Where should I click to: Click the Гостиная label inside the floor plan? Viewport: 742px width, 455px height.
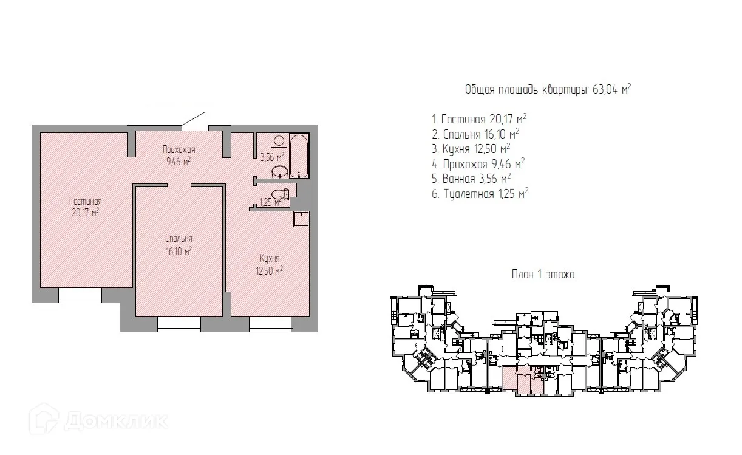(86, 201)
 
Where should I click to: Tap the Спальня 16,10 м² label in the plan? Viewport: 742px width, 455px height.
(179, 245)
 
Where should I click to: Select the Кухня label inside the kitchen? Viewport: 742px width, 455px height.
(270, 259)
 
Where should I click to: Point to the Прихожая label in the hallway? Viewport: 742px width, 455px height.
(179, 150)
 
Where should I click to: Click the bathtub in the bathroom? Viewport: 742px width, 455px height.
(299, 156)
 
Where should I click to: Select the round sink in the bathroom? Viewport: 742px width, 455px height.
(279, 172)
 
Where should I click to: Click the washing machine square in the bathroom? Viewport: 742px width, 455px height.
(279, 140)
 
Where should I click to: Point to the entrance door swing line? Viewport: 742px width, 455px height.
(194, 119)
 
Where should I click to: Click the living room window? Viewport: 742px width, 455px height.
(80, 295)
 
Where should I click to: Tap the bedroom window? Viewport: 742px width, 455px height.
(179, 324)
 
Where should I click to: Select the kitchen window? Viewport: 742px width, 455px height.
(270, 324)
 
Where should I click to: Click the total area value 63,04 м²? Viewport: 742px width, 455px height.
(611, 89)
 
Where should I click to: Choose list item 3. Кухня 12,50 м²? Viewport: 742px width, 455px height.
(471, 149)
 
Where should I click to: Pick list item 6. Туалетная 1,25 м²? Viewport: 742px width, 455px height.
(480, 194)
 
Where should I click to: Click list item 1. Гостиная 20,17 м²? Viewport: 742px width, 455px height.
(479, 118)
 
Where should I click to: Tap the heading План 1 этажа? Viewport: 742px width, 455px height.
(543, 275)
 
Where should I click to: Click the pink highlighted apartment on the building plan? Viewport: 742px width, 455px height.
(523, 380)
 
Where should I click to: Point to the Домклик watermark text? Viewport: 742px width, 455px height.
(116, 421)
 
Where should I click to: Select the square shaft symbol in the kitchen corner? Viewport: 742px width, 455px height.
(301, 219)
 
